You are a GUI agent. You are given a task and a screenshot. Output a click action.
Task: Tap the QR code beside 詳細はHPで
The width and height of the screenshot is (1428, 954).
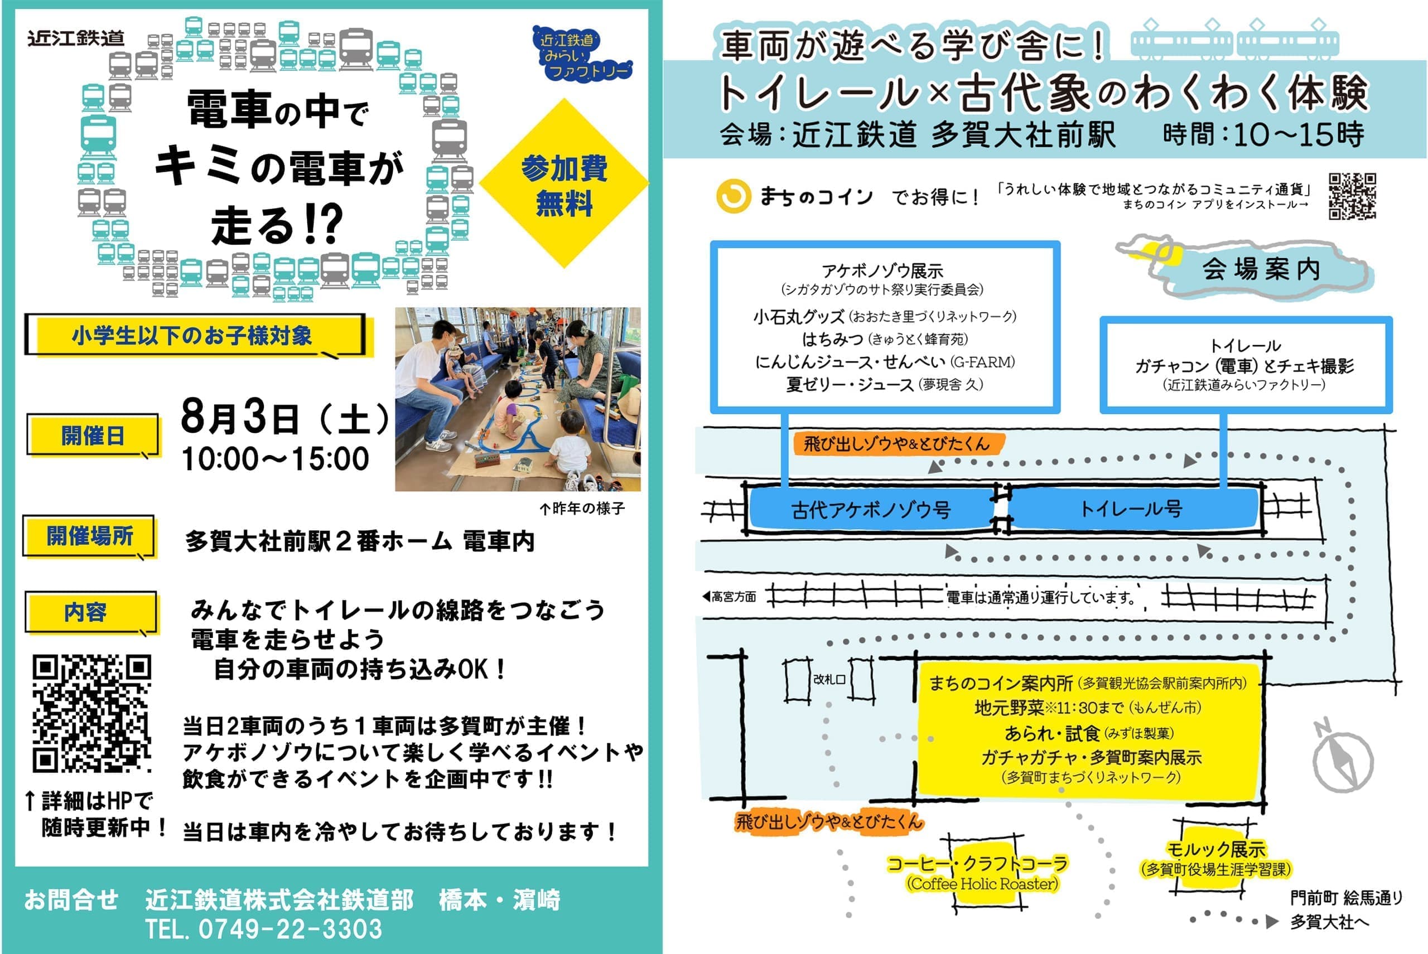[92, 713]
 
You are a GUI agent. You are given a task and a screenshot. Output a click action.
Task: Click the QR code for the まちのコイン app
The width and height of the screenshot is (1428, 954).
[1352, 196]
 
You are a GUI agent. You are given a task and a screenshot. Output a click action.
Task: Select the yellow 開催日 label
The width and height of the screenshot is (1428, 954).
[93, 435]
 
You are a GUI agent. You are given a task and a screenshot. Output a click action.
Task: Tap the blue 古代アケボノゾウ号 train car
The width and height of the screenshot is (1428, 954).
[871, 509]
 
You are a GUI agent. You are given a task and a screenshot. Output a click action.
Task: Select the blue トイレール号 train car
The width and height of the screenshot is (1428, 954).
[1132, 508]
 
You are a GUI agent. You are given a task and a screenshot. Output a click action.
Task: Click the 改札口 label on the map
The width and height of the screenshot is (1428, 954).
[829, 679]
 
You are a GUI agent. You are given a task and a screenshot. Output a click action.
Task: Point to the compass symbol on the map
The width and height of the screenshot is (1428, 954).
[1342, 758]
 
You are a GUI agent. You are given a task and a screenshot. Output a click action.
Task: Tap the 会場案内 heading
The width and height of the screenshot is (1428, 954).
[1260, 268]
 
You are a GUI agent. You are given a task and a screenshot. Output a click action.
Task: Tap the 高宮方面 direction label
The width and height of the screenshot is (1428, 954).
[729, 597]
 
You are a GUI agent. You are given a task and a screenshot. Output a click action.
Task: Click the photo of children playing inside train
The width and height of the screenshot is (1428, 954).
[518, 399]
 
